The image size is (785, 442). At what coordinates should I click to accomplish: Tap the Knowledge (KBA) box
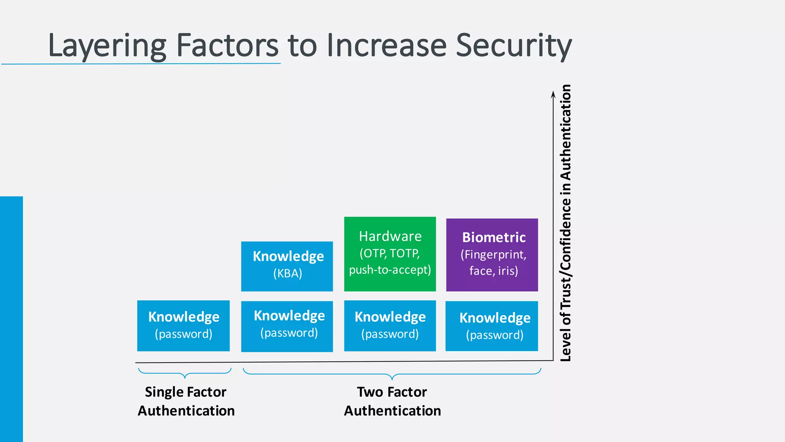(x=287, y=266)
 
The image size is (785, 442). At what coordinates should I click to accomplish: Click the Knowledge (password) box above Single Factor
(x=183, y=325)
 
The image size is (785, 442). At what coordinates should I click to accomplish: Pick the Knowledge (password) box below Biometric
(x=491, y=326)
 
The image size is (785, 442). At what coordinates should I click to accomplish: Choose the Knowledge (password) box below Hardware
(x=390, y=325)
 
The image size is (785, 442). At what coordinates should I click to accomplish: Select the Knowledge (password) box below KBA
(x=287, y=326)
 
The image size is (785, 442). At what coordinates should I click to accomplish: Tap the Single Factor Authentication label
(x=186, y=401)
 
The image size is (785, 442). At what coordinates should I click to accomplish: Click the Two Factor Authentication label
(x=392, y=401)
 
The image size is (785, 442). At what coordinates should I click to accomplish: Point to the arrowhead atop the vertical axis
(x=553, y=94)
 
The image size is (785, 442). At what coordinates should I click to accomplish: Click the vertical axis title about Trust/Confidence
(x=565, y=223)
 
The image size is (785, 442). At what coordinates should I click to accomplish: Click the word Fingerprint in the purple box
(x=494, y=254)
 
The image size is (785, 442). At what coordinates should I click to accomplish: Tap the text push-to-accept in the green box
(x=390, y=270)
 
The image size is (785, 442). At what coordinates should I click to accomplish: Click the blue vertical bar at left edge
(x=11, y=318)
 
